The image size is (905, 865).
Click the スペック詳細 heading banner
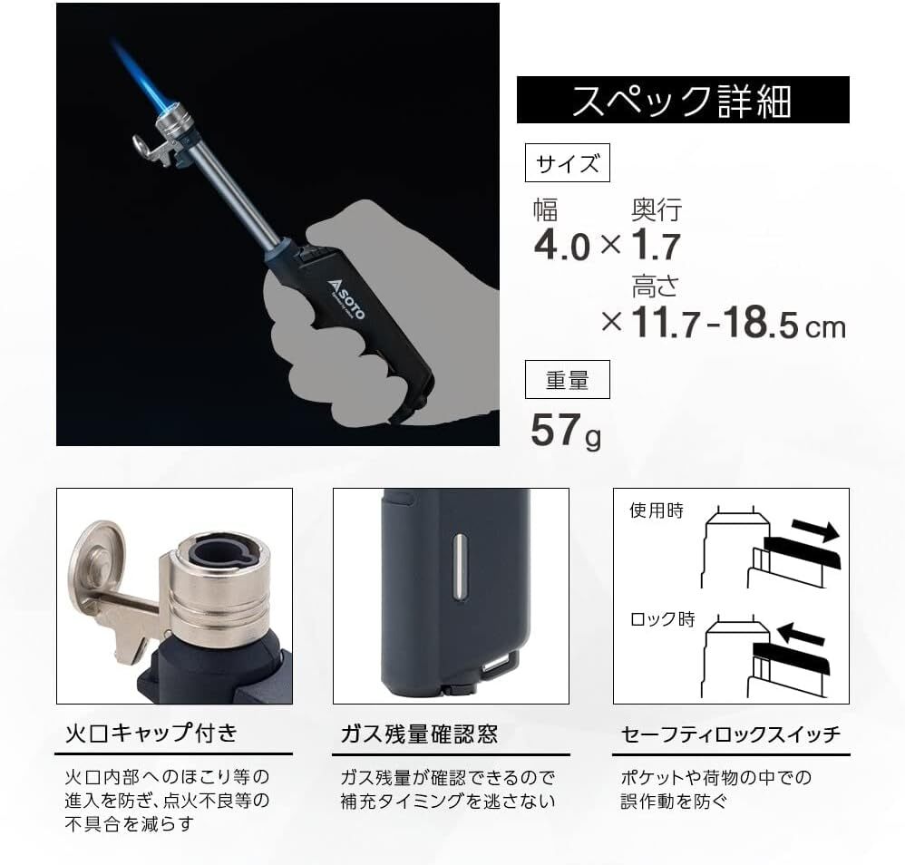pos(682,100)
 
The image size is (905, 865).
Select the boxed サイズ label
pos(568,164)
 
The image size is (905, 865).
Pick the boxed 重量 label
pos(568,380)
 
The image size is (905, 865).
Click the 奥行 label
pos(656,210)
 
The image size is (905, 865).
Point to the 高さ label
pos(656,287)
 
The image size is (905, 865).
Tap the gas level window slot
pos(459,568)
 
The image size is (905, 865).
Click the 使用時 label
pos(657,511)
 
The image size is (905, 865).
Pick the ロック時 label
pos(662,620)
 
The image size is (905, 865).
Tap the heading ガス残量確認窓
pos(419,733)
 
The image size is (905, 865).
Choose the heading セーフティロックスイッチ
pos(731,734)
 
